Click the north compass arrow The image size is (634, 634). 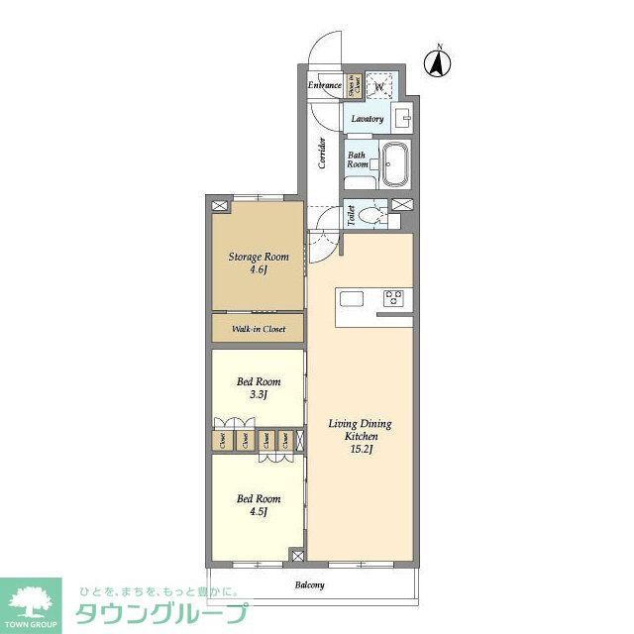pyautogui.click(x=435, y=63)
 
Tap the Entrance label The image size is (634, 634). pyautogui.click(x=324, y=86)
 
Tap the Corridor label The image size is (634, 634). pyautogui.click(x=323, y=154)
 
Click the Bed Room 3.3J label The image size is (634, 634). pyautogui.click(x=258, y=387)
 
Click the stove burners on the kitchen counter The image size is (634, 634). pyautogui.click(x=393, y=297)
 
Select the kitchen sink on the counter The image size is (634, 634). pyautogui.click(x=353, y=297)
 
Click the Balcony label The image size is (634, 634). pyautogui.click(x=309, y=585)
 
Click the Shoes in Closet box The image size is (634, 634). pyautogui.click(x=353, y=86)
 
